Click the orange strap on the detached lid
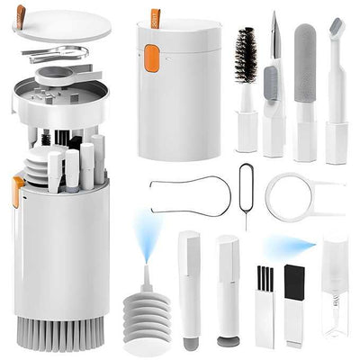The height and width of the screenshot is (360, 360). pyautogui.click(x=21, y=15)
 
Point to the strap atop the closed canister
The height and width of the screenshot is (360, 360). pyautogui.click(x=154, y=15)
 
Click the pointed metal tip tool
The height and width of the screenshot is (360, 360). pyautogui.click(x=274, y=36)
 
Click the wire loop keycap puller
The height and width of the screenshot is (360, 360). pyautogui.click(x=184, y=195)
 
